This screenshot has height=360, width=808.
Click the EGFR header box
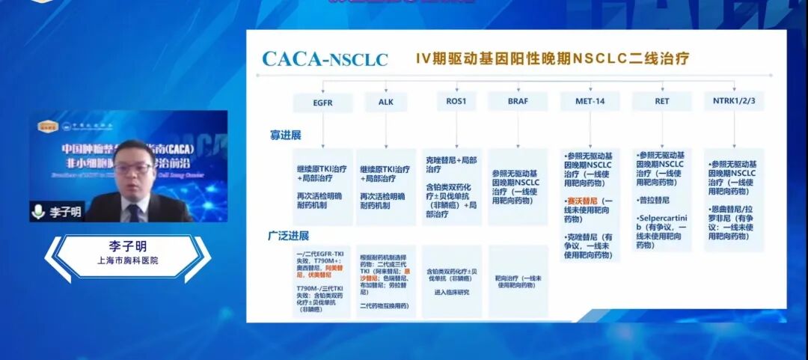coord(324,101)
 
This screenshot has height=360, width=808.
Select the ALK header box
coord(385,101)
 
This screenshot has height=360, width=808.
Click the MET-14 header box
coord(589,101)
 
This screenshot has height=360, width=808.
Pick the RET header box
coord(661,101)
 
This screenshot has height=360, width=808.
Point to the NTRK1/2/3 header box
coord(733,101)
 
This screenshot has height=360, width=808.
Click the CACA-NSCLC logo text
coord(324,58)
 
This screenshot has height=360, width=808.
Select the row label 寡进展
coord(285,135)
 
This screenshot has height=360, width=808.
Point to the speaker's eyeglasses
coord(134,168)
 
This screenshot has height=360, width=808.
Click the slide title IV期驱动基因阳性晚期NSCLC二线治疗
coord(552,58)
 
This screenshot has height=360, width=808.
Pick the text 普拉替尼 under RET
coord(655,201)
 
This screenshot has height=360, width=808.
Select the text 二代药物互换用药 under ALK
coord(385,305)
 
